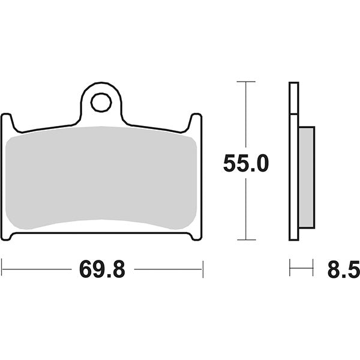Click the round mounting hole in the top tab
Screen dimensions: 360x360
pyautogui.click(x=101, y=103)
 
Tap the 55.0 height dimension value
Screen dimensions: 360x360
pyautogui.click(x=246, y=163)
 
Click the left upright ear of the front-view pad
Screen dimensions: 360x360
pyautogui.click(x=7, y=123)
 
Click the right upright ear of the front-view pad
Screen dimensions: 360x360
pyautogui.click(x=196, y=123)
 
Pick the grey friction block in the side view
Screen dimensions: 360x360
pyautogui.click(x=305, y=178)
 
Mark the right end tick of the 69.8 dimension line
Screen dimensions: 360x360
pyautogui.click(x=203, y=269)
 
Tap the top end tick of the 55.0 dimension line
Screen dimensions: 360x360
pyautogui.click(x=246, y=80)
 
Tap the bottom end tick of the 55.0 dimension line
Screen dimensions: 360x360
pyautogui.click(x=246, y=239)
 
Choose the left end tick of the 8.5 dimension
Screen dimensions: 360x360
pyautogui.click(x=290, y=268)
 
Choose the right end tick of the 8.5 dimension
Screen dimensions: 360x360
pyautogui.click(x=313, y=268)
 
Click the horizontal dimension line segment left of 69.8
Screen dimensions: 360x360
pyautogui.click(x=36, y=269)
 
